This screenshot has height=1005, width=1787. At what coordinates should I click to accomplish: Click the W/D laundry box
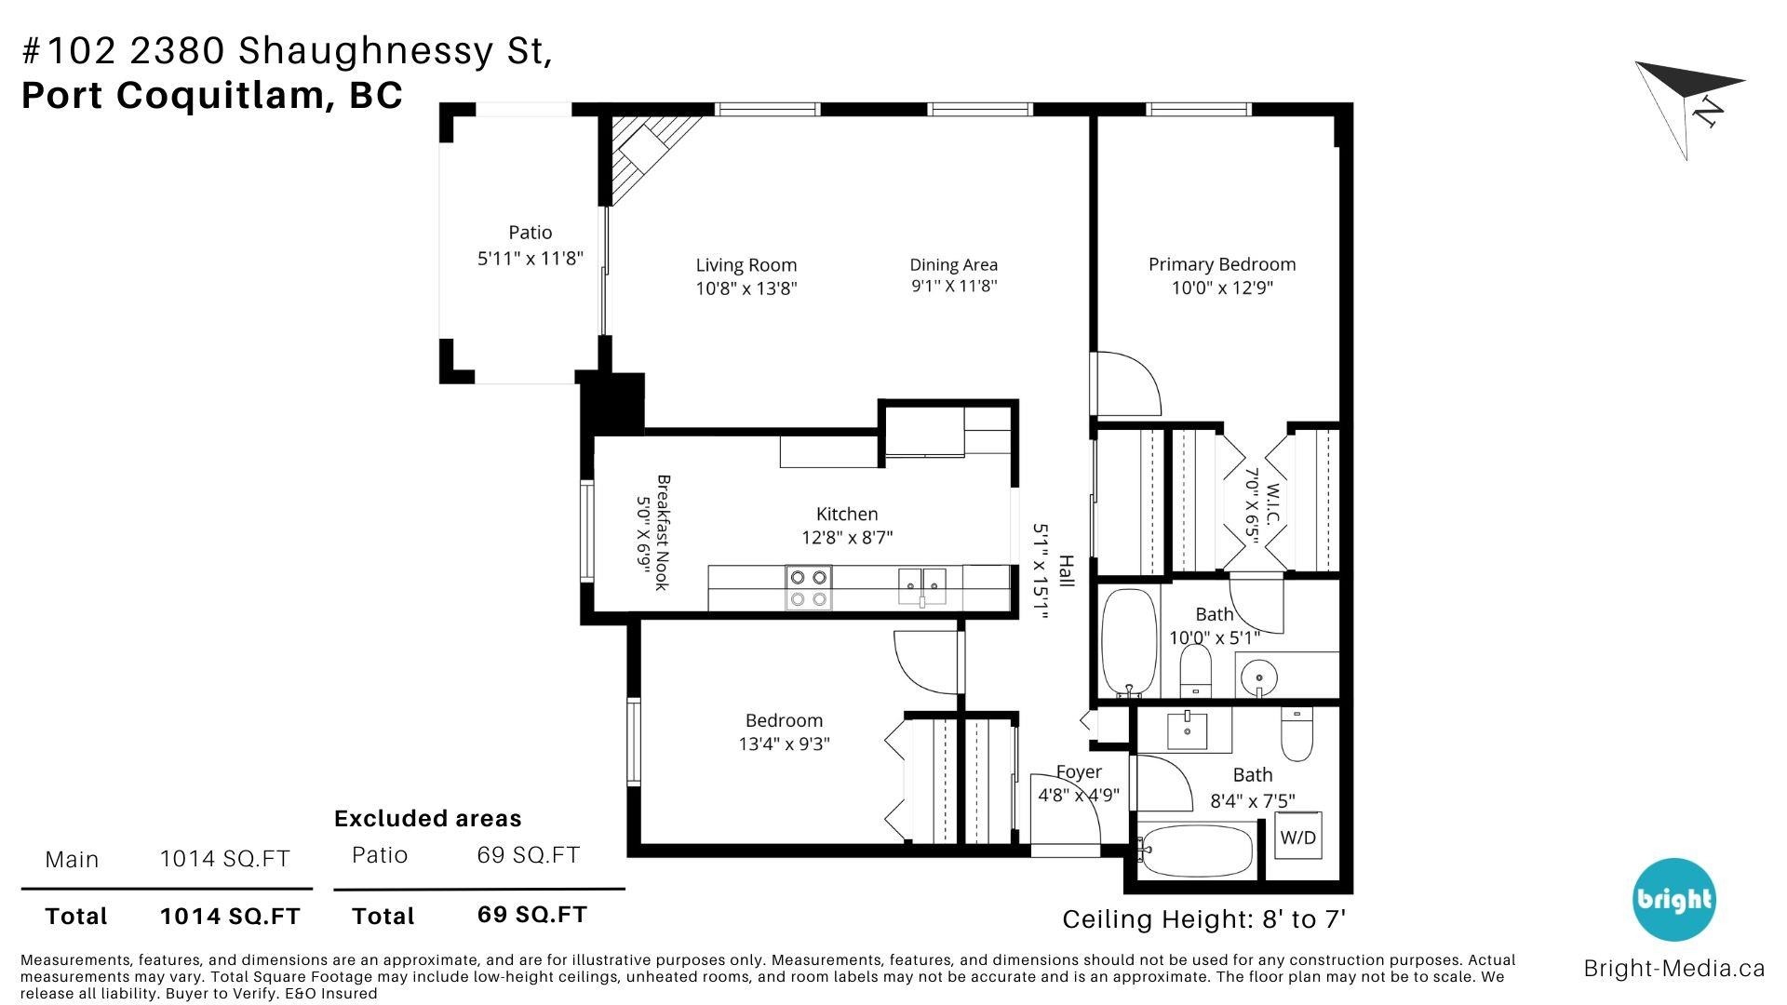pyautogui.click(x=1298, y=837)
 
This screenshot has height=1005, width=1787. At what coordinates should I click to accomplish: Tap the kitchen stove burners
pyautogui.click(x=809, y=587)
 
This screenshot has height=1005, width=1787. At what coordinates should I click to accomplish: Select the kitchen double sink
pyautogui.click(x=922, y=586)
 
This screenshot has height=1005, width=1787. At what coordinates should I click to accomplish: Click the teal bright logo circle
pyautogui.click(x=1674, y=900)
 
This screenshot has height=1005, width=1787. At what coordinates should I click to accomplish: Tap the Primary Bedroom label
pyautogui.click(x=1221, y=264)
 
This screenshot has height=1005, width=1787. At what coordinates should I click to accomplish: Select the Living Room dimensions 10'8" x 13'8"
pyautogui.click(x=746, y=288)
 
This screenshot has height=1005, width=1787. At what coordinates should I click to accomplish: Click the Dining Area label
pyautogui.click(x=954, y=265)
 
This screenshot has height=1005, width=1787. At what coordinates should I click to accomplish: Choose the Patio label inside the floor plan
pyautogui.click(x=531, y=233)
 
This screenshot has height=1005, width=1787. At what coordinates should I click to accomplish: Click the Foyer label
pyautogui.click(x=1079, y=771)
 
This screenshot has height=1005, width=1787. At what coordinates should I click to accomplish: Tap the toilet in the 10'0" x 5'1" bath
pyautogui.click(x=1195, y=669)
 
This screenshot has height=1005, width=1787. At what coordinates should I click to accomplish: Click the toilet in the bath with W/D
pyautogui.click(x=1297, y=734)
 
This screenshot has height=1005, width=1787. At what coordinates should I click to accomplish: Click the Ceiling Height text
pyautogui.click(x=1204, y=919)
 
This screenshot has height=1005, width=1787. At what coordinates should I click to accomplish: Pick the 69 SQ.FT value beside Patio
pyautogui.click(x=529, y=855)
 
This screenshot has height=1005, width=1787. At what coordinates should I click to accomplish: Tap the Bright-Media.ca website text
pyautogui.click(x=1674, y=969)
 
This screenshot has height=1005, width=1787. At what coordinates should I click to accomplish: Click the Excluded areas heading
pyautogui.click(x=428, y=819)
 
